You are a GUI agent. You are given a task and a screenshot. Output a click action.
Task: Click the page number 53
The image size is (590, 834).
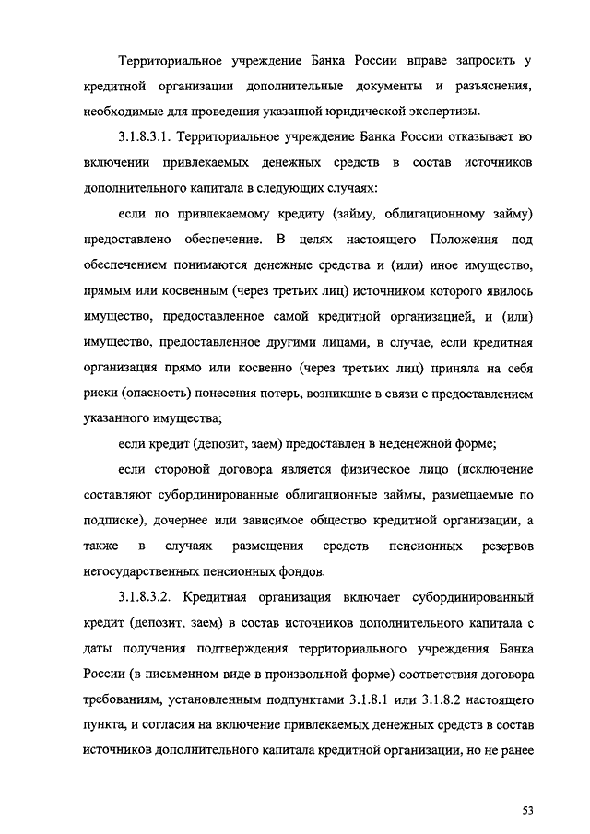[x=527, y=784]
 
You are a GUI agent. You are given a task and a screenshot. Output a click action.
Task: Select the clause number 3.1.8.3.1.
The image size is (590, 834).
[x=141, y=137]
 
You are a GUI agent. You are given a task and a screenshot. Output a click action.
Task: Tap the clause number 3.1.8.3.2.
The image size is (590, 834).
[x=141, y=595]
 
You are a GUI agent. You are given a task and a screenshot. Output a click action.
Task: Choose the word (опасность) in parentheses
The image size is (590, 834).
[x=150, y=393]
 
